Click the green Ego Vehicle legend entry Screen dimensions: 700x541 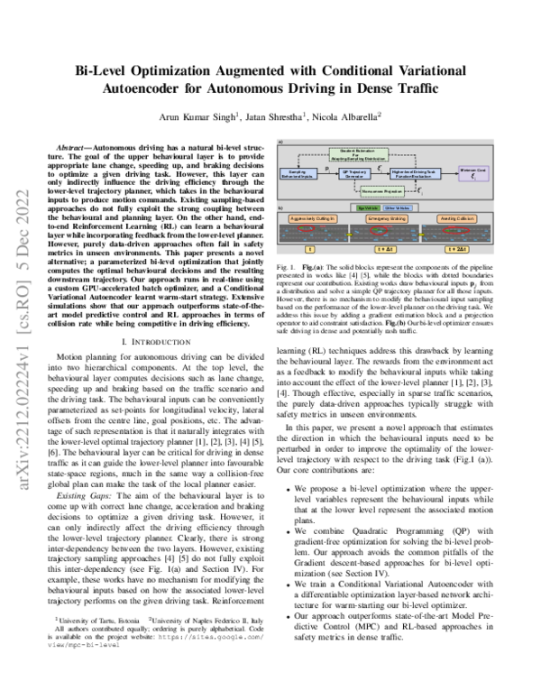click(x=368, y=207)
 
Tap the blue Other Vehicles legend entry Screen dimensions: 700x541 click(x=397, y=207)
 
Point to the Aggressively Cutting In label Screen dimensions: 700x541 click(x=311, y=219)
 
